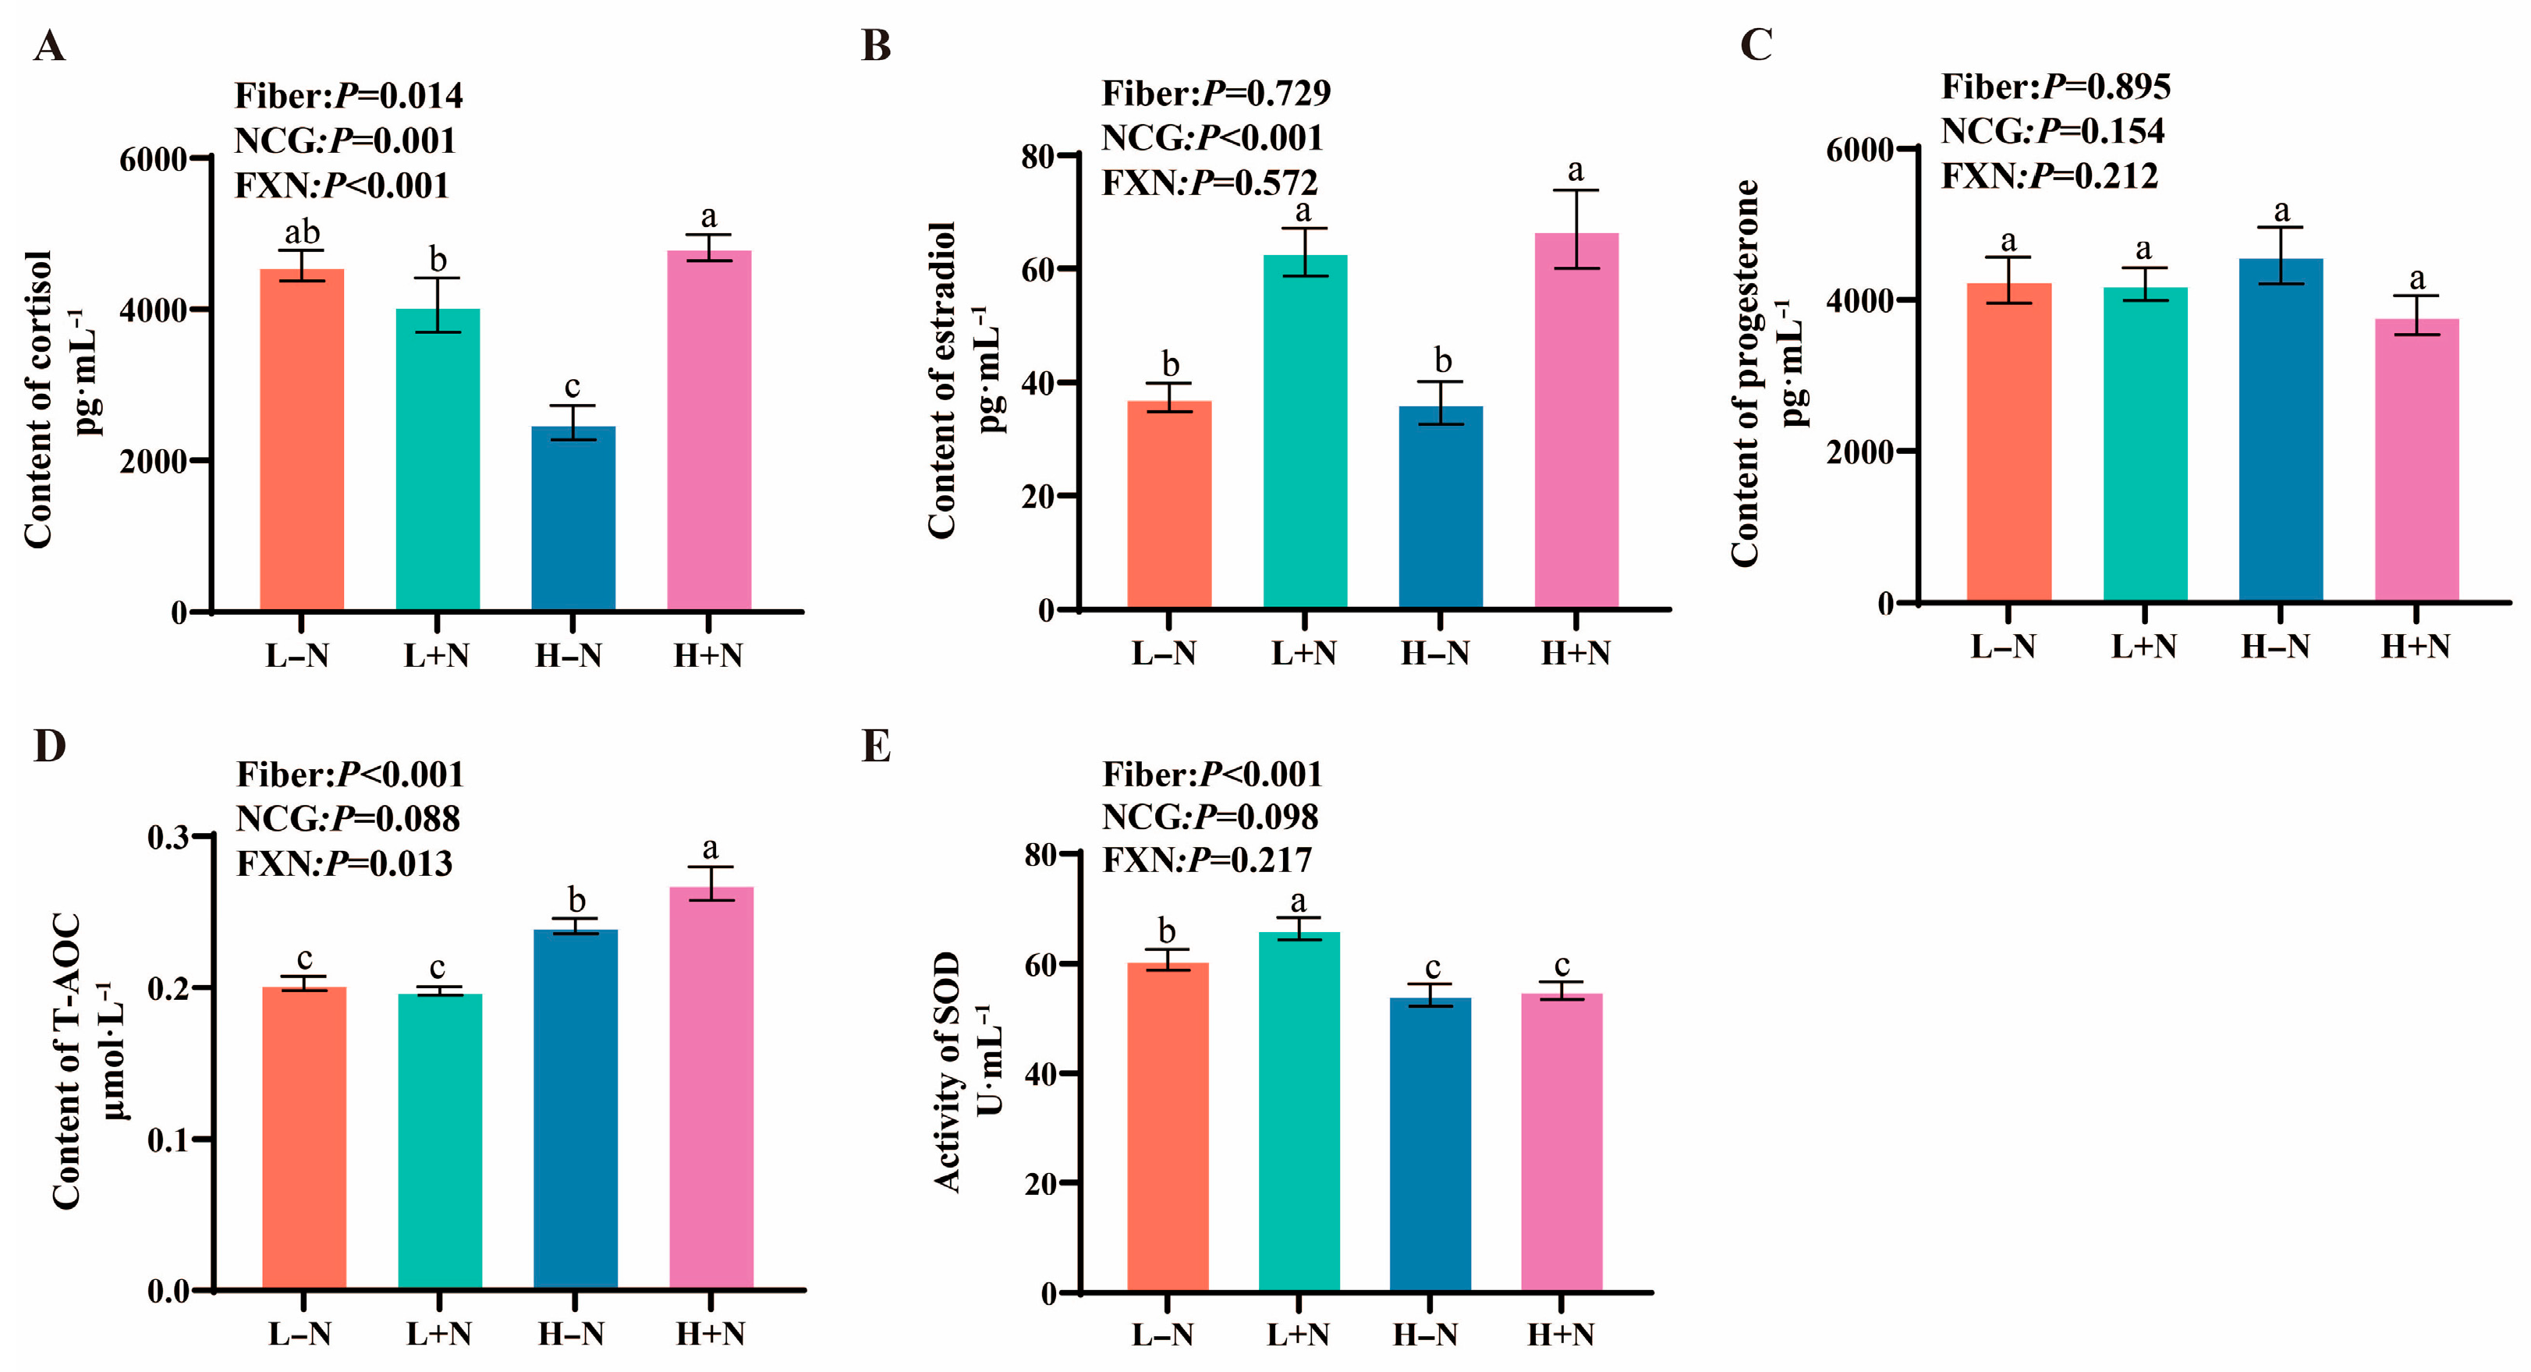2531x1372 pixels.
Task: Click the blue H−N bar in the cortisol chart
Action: [x=572, y=518]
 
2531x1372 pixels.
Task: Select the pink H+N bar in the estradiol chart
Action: [x=1576, y=420]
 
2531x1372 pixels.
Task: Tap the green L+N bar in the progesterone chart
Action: [x=2145, y=443]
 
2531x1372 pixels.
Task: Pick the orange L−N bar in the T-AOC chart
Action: [x=303, y=1137]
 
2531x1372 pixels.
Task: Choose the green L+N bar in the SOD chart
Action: [x=1299, y=1111]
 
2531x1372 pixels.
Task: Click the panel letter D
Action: [x=49, y=747]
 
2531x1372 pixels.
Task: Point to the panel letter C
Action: [x=1756, y=44]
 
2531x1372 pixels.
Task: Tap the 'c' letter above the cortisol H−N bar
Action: [x=572, y=386]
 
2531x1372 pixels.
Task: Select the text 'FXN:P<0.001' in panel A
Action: [x=342, y=185]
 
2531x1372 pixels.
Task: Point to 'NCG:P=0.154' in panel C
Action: [x=2053, y=131]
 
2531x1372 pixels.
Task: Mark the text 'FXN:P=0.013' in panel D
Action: [x=344, y=863]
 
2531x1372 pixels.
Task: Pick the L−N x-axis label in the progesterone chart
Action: [x=2004, y=646]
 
